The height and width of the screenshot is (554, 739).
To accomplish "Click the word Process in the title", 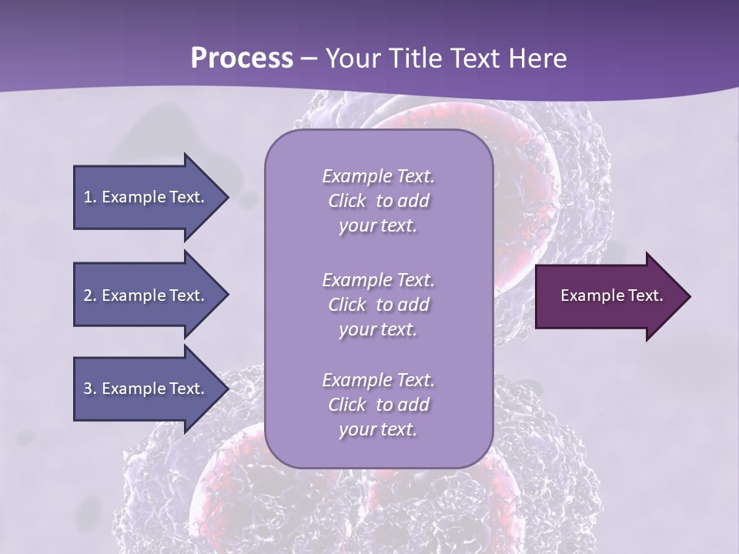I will click(x=242, y=58).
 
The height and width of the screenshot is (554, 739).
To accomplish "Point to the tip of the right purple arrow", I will click(x=689, y=296).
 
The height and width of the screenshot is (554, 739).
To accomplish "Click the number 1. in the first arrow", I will click(x=90, y=197).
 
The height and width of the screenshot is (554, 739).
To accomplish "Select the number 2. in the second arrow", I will click(x=90, y=295).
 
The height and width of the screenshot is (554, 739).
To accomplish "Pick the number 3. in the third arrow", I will click(x=90, y=389).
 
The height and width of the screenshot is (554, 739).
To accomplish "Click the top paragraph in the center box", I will click(x=378, y=201).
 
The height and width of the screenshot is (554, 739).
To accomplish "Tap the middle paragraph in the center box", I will click(x=378, y=305).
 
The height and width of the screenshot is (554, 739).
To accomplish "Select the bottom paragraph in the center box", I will click(x=378, y=405).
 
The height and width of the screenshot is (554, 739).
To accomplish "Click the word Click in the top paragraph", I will click(x=346, y=202).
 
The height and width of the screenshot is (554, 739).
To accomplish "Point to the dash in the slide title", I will click(x=309, y=58).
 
